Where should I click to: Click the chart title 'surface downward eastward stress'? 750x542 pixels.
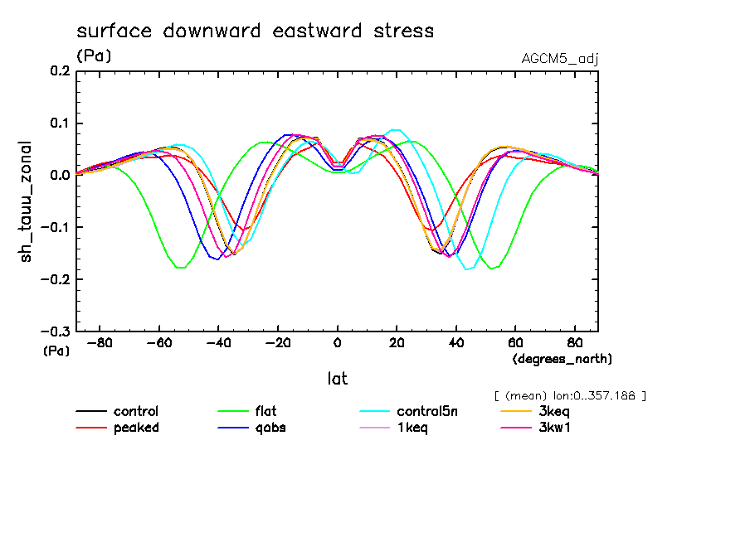tap(255, 31)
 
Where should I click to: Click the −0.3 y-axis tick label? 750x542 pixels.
tap(55, 331)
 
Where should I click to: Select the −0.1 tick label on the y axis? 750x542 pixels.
tap(55, 227)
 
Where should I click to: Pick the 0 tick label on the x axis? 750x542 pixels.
tap(338, 341)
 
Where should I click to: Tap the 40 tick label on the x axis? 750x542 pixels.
tap(456, 341)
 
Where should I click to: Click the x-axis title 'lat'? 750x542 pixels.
tap(337, 379)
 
